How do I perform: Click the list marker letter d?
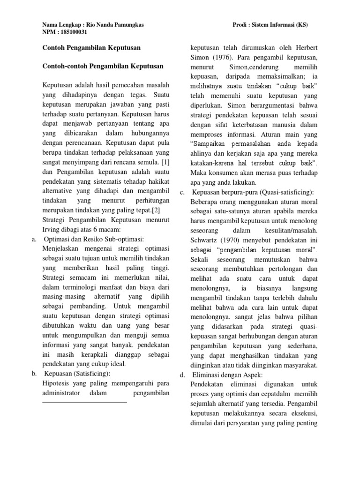click(182, 375)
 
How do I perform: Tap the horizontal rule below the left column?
click(84, 402)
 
